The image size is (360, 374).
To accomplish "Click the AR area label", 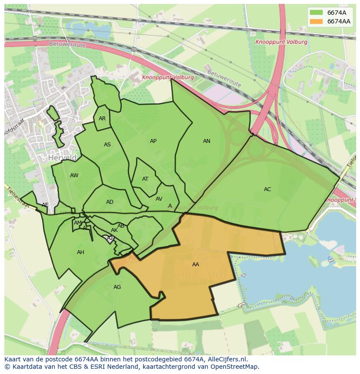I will (102, 118).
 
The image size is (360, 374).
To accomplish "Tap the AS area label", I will (107, 145).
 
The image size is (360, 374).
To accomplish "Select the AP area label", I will (153, 141).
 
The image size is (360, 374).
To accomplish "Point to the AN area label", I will (207, 141).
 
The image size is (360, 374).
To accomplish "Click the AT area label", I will (145, 179).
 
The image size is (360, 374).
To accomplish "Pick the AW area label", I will (74, 175).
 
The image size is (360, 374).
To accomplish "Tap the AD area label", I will (110, 202).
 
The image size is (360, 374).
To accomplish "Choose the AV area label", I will (159, 199).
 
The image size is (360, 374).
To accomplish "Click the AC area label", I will (267, 189).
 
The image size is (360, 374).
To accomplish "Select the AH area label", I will (80, 252).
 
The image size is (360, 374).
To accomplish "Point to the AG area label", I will (117, 287).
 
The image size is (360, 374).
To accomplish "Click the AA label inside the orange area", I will (196, 264).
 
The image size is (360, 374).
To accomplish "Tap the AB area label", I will (121, 225).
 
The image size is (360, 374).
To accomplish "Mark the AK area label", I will (114, 230).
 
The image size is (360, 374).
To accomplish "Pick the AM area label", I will (77, 223).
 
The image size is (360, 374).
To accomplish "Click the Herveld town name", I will (63, 157).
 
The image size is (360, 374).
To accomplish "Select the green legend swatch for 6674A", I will (316, 12).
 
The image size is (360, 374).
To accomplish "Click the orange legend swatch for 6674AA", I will (316, 21).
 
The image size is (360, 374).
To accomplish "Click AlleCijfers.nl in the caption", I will (225, 359).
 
